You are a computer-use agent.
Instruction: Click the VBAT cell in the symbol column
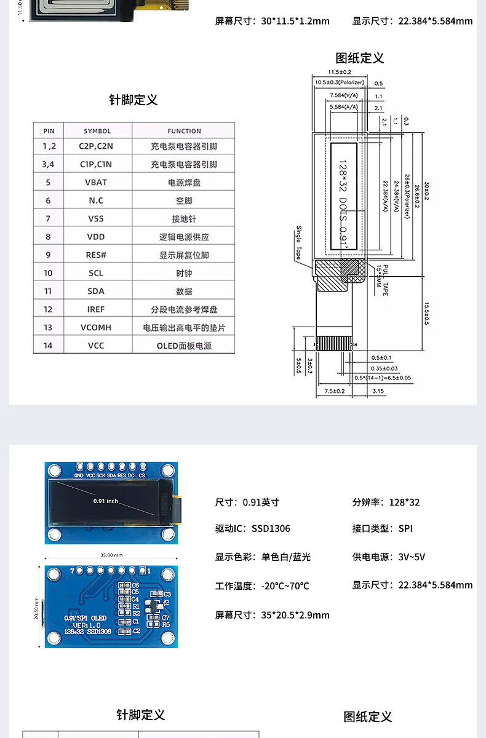tap(96, 182)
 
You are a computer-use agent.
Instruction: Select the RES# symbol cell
tap(96, 255)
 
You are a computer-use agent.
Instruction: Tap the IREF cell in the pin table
tap(96, 309)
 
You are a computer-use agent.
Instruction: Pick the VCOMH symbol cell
tap(96, 327)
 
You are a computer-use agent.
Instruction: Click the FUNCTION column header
tap(184, 131)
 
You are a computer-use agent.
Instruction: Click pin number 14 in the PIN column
tap(48, 346)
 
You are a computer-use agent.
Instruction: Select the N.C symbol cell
tap(96, 200)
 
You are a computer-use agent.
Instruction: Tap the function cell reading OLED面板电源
tap(184, 346)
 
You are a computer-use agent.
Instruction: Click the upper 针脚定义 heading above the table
tap(133, 100)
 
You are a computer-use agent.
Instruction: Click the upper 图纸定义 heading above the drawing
tap(360, 58)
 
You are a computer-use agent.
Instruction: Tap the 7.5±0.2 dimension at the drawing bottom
tap(335, 391)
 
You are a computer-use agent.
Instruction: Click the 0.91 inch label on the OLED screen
tap(106, 501)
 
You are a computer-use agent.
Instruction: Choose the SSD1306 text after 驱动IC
tap(271, 528)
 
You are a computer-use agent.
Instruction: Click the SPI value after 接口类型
tap(405, 528)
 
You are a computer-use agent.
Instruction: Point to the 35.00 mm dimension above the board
tap(111, 555)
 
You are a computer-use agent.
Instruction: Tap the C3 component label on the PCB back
tap(166, 594)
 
